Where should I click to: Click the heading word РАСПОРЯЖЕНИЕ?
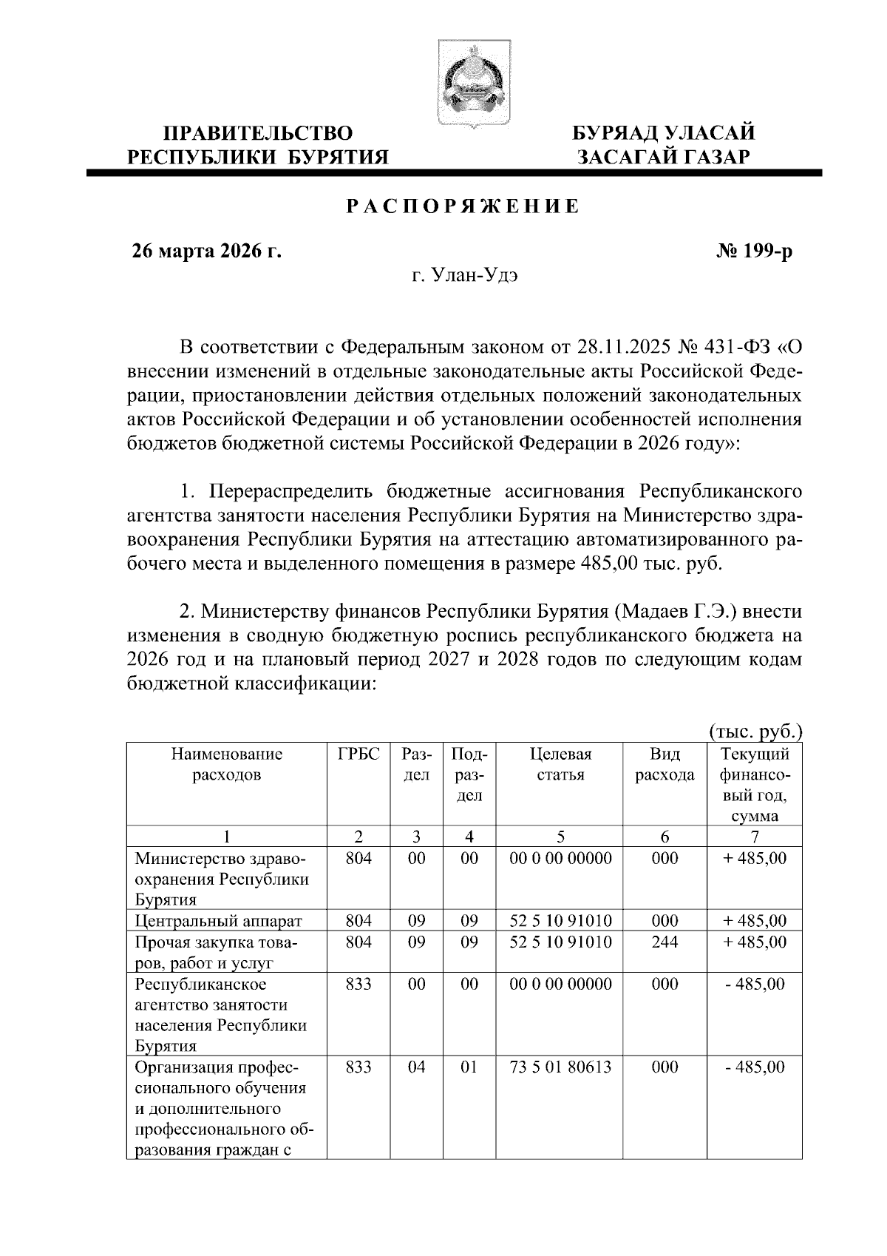point(463,206)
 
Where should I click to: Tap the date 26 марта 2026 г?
point(206,251)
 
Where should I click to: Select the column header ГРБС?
point(358,755)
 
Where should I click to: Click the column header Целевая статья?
point(560,765)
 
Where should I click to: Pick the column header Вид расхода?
point(665,765)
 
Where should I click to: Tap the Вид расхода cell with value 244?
point(665,942)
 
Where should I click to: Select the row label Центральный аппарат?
point(219,922)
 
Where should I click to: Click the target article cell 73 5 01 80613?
point(560,1067)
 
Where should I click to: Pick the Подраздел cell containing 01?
point(469,1067)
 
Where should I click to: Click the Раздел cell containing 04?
point(416,1067)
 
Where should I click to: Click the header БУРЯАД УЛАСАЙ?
point(665,133)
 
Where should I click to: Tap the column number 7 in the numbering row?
point(755,837)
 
